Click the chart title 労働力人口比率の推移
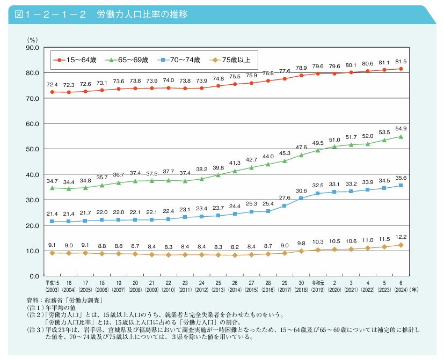[x=142, y=14]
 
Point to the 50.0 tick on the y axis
[x=31, y=149]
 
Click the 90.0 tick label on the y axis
[x=31, y=47]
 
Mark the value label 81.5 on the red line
[x=401, y=61]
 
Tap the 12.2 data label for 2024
[x=401, y=237]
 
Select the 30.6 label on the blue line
[x=301, y=191]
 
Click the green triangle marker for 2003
[x=52, y=188]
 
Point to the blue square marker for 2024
[x=401, y=186]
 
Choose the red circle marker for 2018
[x=301, y=75]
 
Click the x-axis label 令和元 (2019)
[x=318, y=284]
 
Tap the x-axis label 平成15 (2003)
[x=52, y=284]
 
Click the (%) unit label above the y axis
[x=32, y=39]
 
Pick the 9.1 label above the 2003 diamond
[x=52, y=245]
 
